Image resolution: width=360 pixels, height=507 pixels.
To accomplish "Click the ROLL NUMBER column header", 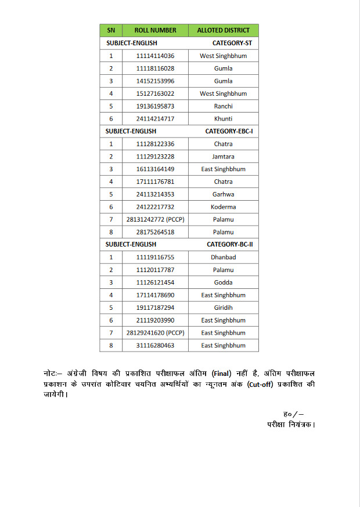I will (155, 30).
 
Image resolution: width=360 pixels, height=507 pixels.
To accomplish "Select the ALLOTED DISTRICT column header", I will (224, 30).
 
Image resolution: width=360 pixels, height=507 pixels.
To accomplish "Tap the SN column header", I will (111, 30).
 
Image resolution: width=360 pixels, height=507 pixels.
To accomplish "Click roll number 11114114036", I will (155, 56).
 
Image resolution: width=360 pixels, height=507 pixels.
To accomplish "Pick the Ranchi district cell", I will (224, 106).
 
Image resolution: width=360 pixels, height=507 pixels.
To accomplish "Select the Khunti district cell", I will (224, 119).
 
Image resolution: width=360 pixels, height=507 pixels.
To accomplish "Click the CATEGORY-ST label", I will (232, 44).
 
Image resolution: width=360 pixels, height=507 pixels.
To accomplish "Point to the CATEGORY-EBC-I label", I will (229, 132).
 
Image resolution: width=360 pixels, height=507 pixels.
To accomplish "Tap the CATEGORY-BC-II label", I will (229, 245).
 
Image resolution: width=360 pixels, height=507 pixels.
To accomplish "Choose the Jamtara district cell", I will (224, 157).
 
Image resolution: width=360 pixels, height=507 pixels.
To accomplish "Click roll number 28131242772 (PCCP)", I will (155, 220).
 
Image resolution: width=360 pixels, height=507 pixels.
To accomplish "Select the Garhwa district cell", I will (224, 194).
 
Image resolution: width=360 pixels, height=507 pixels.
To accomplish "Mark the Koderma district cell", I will (224, 207).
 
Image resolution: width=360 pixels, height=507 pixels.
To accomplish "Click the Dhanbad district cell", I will (224, 257).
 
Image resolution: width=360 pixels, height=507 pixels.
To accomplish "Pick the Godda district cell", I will (224, 283).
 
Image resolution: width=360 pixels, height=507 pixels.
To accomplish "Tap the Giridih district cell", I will (224, 307).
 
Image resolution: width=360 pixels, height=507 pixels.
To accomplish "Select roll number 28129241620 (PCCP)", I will (155, 333).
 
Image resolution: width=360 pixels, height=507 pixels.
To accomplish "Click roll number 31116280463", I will (155, 346).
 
